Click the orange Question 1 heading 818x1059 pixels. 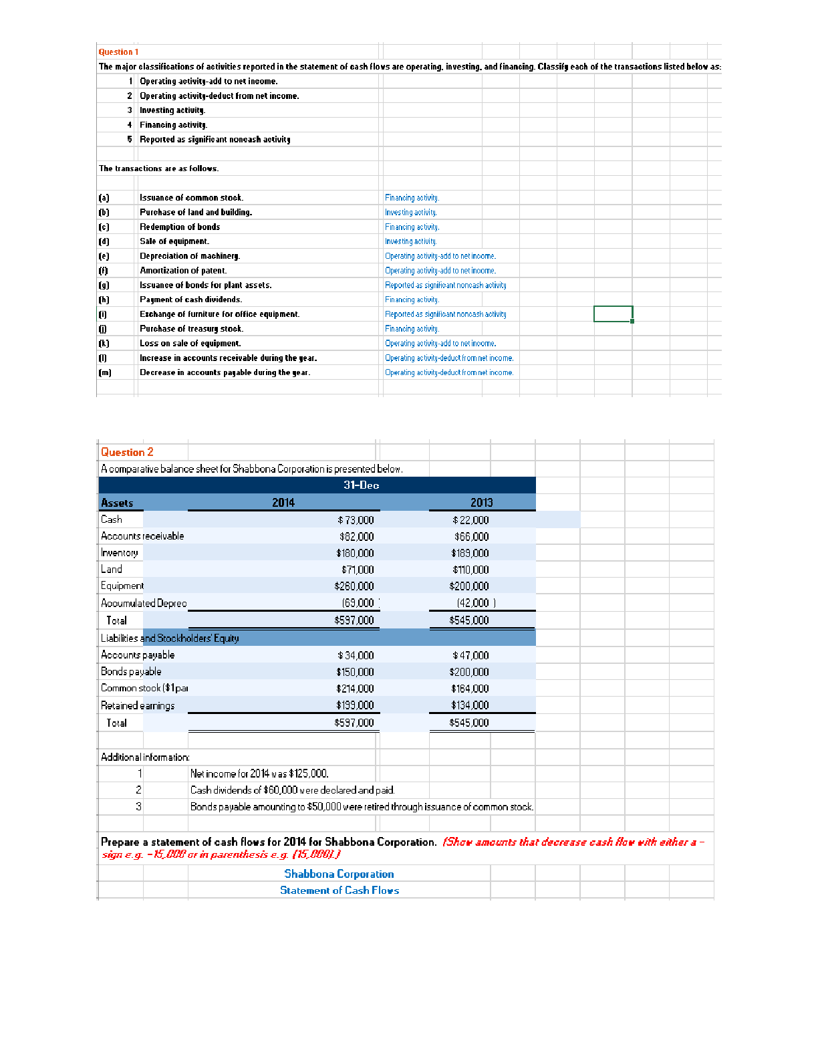[118, 52]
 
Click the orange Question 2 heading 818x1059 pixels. [127, 452]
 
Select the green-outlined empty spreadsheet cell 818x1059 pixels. [613, 314]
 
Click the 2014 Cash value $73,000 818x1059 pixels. [356, 520]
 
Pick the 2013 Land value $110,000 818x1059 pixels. [470, 570]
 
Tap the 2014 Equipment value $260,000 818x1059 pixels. [354, 586]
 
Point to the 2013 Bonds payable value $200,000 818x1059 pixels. [469, 672]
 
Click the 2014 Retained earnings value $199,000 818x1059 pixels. [355, 705]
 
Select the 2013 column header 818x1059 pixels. [481, 503]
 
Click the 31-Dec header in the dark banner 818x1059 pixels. [361, 485]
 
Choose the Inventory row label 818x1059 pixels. [120, 553]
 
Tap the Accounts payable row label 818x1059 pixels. [138, 655]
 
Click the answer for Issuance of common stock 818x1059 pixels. [412, 198]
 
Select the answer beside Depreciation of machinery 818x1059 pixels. [440, 256]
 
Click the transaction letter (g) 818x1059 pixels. [104, 285]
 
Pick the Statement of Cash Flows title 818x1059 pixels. [339, 891]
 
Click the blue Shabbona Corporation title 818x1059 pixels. [339, 874]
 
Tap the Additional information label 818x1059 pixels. [145, 757]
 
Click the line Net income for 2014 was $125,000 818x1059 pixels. [259, 774]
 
